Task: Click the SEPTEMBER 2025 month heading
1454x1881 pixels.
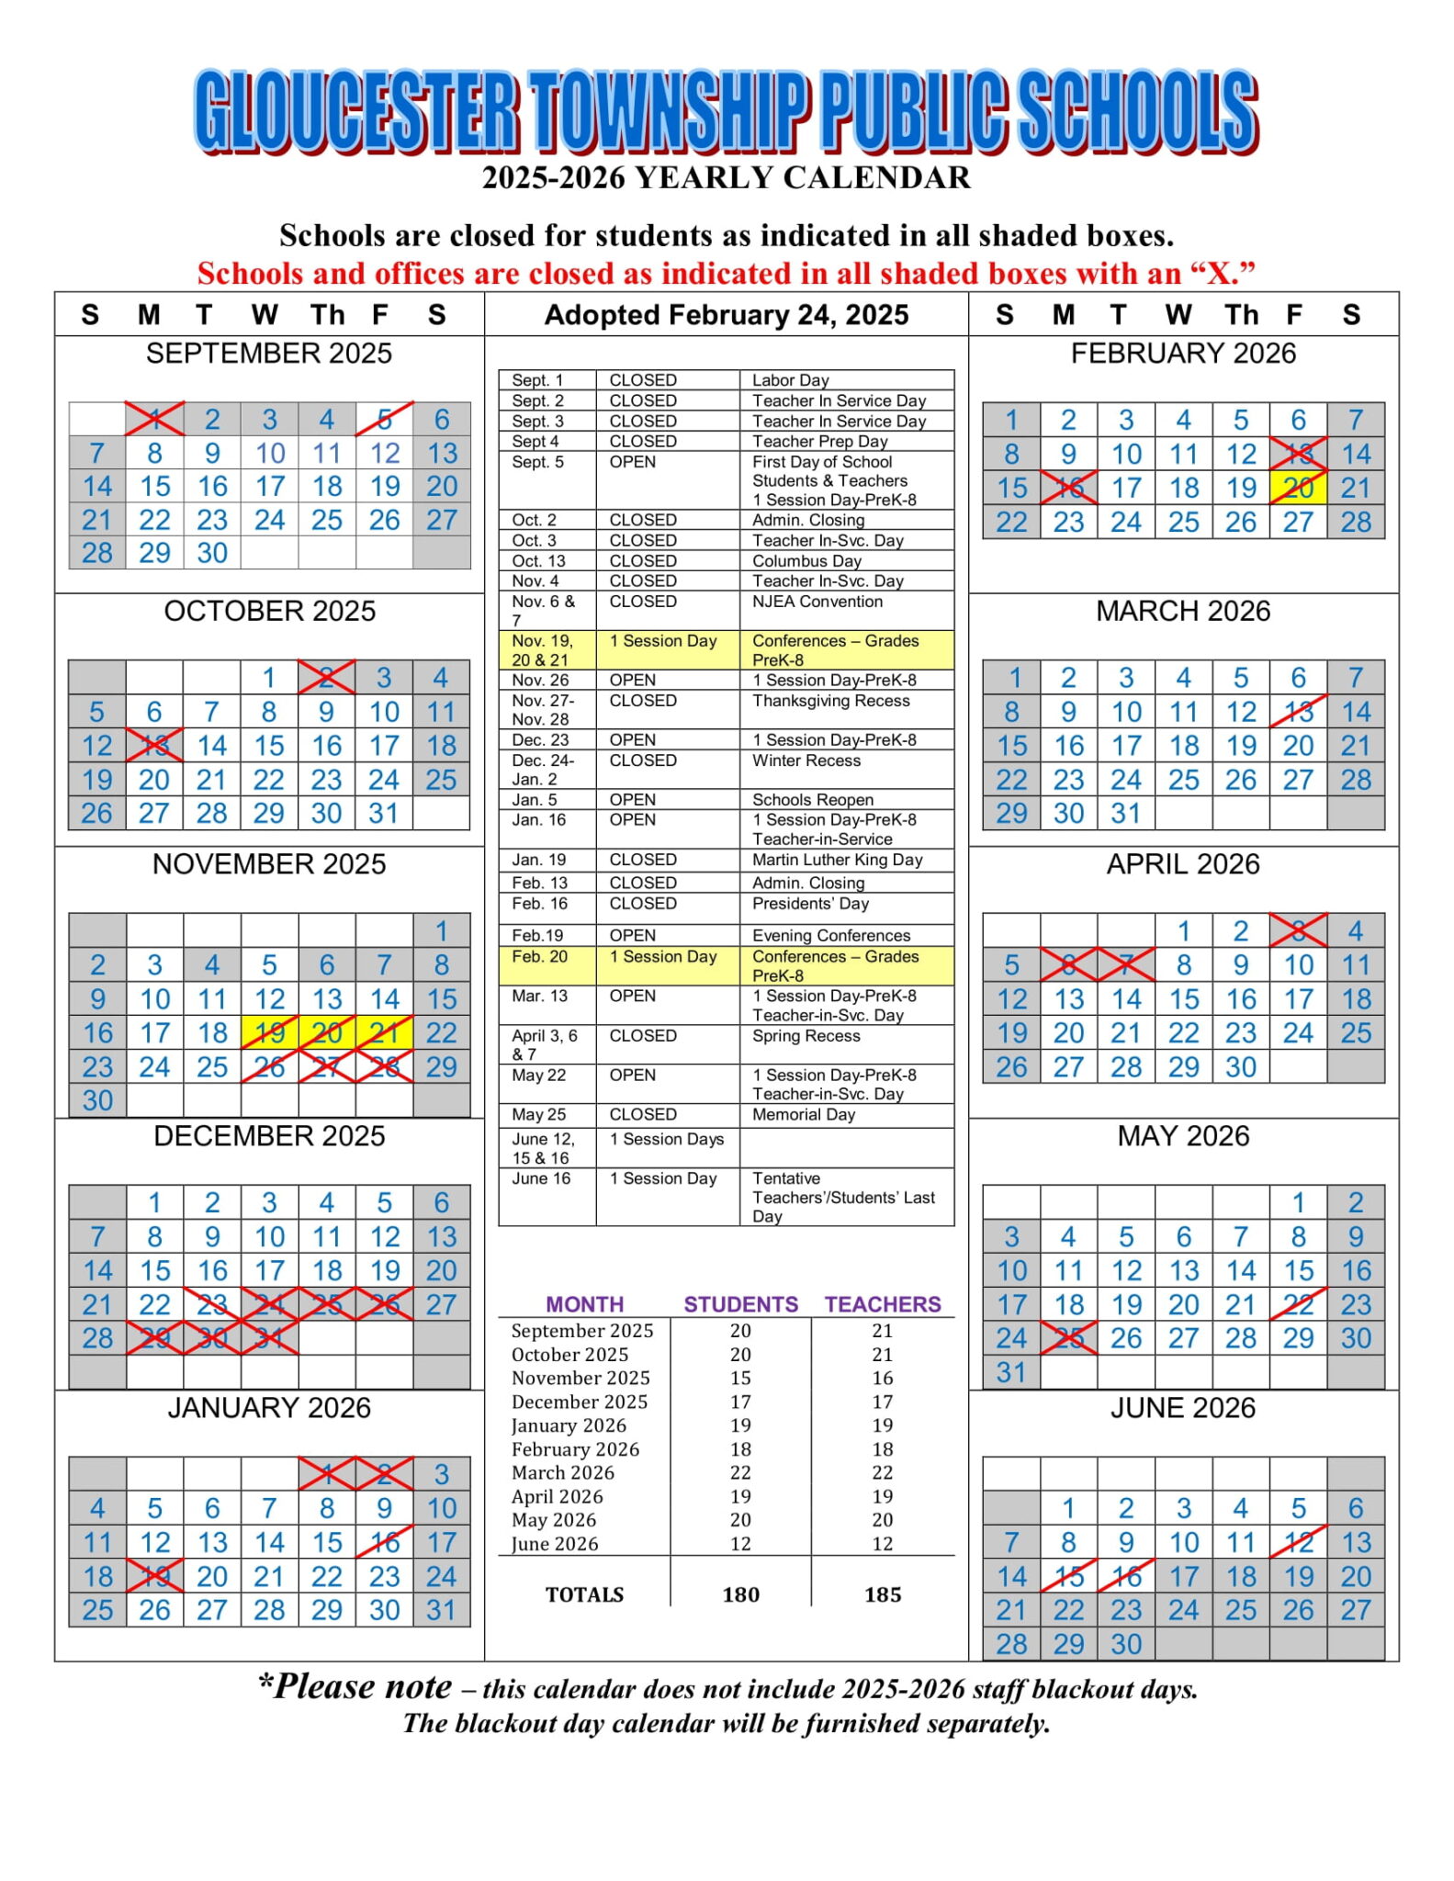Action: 268,354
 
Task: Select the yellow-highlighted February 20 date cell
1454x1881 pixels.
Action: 1298,488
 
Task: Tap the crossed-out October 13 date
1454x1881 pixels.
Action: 154,746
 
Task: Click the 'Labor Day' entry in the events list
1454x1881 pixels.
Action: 790,380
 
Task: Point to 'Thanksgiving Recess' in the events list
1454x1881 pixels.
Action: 830,701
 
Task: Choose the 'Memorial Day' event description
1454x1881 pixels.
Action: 803,1114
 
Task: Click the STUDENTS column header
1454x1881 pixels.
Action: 740,1304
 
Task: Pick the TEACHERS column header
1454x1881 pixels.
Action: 882,1304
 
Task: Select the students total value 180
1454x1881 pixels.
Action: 740,1594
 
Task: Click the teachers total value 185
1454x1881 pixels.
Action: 882,1594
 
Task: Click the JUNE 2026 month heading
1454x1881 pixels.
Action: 1182,1408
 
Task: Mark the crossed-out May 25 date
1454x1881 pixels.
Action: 1068,1338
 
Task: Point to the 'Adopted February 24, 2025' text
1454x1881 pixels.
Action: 726,315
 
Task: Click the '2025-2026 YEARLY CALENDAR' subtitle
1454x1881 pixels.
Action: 726,177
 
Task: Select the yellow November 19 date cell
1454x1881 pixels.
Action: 269,1033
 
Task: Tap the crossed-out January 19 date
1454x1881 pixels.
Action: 154,1576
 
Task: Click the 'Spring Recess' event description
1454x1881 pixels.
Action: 806,1036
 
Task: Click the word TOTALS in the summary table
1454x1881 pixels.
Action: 584,1594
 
